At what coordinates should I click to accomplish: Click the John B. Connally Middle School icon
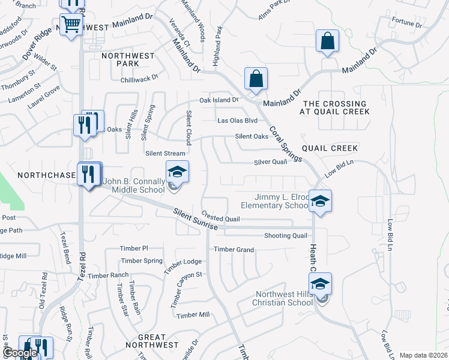pos(177,172)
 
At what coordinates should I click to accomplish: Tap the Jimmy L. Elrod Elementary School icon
pos(321,201)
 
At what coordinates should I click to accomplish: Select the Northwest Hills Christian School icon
pos(321,284)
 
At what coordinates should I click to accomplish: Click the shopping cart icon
pos(71,25)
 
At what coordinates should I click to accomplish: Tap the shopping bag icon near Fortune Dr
pos(328,41)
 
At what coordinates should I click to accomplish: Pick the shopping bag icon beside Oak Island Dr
pos(256,79)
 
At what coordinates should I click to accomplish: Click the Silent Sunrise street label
pos(195,220)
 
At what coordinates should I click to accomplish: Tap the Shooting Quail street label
pos(285,235)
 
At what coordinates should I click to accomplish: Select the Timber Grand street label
pos(234,249)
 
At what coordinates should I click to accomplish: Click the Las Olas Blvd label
pos(237,121)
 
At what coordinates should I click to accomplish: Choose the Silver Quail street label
pos(270,162)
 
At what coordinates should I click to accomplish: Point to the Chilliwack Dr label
pos(139,77)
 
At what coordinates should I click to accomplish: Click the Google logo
pos(20,353)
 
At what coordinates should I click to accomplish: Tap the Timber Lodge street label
pos(184,262)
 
